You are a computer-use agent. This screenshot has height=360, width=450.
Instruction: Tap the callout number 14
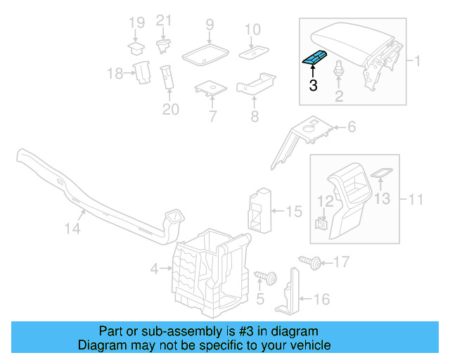tap(73, 229)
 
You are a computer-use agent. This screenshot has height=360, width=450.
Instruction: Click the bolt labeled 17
tap(310, 263)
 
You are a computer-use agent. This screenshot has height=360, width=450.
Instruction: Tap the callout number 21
tap(163, 20)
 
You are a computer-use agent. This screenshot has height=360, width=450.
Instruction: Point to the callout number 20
tap(171, 109)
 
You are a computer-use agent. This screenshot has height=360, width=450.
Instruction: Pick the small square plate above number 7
tap(210, 89)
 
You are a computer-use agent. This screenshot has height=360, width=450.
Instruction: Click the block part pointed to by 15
tap(258, 208)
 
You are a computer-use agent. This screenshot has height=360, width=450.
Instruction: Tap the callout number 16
tap(320, 300)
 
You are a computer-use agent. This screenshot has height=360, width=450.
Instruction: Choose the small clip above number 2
tap(340, 69)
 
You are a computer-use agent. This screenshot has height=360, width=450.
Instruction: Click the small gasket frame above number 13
tap(380, 172)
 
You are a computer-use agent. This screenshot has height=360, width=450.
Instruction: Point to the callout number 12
tap(324, 201)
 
